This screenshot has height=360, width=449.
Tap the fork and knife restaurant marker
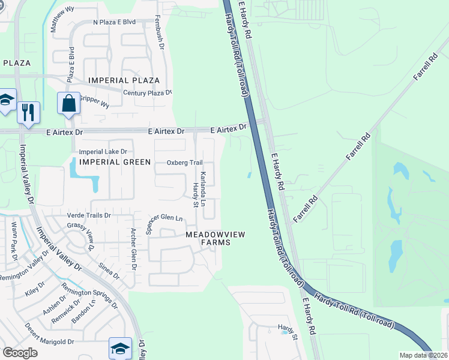click(x=28, y=112)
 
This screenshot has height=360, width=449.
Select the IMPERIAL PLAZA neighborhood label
click(x=124, y=80)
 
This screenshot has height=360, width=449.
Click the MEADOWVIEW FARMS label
click(x=215, y=238)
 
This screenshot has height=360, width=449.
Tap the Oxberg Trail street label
click(x=184, y=163)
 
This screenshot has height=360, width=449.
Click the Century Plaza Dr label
click(x=147, y=92)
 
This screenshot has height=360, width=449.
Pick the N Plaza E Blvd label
click(x=114, y=22)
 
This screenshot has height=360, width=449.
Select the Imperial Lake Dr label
click(x=104, y=152)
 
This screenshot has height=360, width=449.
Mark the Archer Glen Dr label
click(x=134, y=249)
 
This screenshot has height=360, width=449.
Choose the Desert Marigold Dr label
click(x=49, y=335)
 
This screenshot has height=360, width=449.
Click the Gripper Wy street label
click(x=95, y=103)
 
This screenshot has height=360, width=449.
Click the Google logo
click(x=20, y=352)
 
